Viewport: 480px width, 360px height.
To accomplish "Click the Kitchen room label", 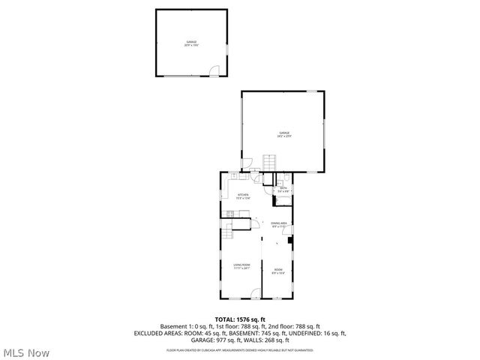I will click(244, 196).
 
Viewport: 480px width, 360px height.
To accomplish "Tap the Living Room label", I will click(241, 266).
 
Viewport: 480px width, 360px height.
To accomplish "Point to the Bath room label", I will click(283, 189).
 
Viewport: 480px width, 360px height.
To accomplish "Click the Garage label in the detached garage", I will click(191, 43).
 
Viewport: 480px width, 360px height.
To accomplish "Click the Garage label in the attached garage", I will click(283, 134).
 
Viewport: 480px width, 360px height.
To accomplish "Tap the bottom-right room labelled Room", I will click(278, 271).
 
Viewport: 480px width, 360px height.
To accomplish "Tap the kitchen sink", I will click(235, 175).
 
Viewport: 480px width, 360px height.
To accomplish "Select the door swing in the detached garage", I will click(214, 72).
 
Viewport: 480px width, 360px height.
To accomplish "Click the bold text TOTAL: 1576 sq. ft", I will click(240, 319).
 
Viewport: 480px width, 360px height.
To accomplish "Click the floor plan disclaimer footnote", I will click(240, 349).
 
